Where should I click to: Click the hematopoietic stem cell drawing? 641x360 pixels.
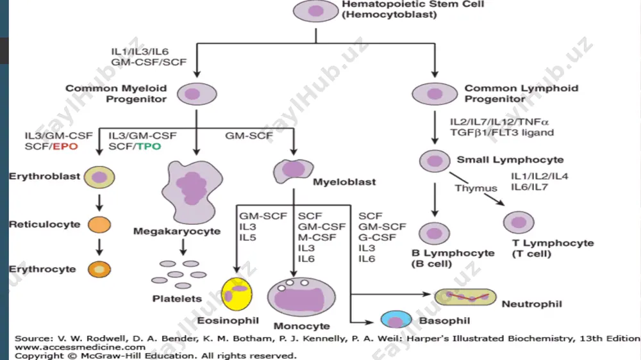(315, 11)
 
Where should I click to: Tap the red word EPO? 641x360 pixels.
(65, 146)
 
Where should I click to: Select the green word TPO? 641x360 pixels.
(149, 146)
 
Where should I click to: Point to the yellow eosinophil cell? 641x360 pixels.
(237, 294)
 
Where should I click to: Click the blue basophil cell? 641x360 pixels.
(396, 320)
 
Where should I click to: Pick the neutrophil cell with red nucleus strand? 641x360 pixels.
(465, 297)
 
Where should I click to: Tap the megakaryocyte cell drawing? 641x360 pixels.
(192, 192)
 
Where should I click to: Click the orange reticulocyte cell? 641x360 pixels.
(99, 225)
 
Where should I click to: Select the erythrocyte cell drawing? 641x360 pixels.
(99, 269)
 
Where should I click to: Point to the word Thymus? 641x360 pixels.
(476, 188)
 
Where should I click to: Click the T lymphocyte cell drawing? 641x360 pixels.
(519, 223)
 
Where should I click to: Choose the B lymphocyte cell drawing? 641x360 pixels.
(434, 234)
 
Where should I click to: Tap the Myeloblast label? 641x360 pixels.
(344, 182)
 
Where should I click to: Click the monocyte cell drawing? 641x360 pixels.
(302, 297)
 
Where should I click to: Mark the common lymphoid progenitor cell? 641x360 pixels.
(435, 94)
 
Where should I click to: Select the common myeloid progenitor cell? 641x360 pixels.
(197, 94)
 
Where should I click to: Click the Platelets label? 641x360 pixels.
(177, 299)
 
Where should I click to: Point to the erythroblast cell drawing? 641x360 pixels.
(99, 177)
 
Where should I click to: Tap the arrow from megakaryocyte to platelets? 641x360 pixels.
(183, 247)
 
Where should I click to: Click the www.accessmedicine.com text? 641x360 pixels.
(80, 347)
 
